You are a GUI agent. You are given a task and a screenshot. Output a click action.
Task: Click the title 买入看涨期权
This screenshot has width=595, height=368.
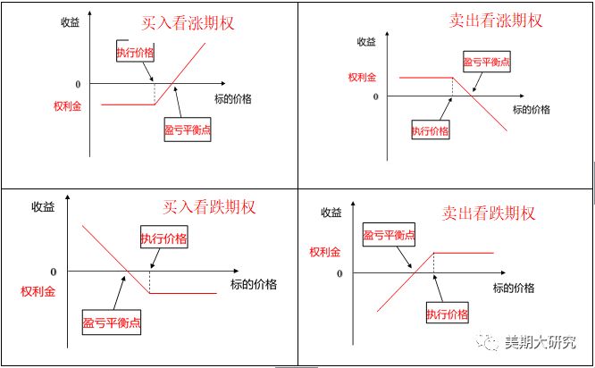tap(188, 23)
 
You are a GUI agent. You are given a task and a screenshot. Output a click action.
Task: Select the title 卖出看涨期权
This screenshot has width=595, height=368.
tap(495, 20)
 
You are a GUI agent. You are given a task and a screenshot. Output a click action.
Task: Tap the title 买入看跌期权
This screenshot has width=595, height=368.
tap(209, 207)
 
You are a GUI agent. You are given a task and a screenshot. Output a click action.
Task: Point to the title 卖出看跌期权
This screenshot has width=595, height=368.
tap(488, 213)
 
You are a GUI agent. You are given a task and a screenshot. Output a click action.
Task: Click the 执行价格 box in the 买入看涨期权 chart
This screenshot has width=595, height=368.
tap(135, 52)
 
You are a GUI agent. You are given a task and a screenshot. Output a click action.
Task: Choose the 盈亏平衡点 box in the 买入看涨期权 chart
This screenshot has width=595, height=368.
tap(189, 130)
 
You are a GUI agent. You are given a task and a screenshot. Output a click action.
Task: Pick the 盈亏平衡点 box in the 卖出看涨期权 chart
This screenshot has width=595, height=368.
tap(486, 62)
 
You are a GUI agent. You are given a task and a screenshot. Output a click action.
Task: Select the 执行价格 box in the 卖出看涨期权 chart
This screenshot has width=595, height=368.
tap(430, 131)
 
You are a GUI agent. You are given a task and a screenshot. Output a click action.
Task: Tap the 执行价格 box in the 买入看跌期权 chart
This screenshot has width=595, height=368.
tap(163, 238)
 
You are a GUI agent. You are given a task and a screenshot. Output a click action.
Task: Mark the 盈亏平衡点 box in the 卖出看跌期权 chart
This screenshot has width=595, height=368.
tap(389, 235)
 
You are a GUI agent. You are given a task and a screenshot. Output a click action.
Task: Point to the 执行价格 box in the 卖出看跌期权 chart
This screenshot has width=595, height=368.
tap(447, 314)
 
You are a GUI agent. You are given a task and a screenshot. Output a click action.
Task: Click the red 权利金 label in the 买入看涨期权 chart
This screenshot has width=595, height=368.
tap(68, 105)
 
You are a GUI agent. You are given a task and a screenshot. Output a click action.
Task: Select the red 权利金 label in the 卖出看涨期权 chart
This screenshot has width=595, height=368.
tap(363, 77)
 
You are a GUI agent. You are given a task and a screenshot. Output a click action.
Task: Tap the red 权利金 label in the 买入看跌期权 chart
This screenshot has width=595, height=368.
tap(38, 291)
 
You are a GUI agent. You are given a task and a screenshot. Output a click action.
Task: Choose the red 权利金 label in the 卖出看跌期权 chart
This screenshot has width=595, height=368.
tap(324, 253)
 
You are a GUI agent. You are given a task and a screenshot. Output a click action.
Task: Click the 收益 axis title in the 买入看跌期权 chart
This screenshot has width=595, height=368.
tap(43, 207)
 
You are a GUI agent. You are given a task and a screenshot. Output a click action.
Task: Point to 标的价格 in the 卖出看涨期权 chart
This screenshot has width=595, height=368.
tap(532, 109)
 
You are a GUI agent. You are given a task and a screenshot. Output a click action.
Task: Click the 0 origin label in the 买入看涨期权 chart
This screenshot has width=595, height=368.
tap(78, 84)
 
